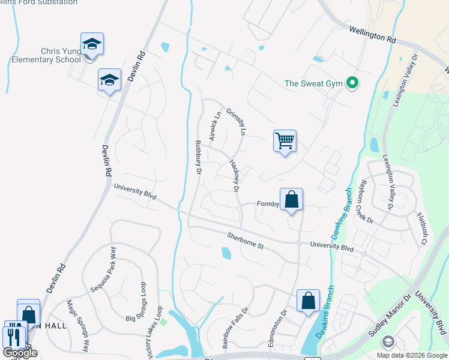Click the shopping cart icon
point(285,142)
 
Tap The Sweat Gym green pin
point(353,83)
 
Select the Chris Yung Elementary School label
point(46,56)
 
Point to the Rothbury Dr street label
point(197,158)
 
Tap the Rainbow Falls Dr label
point(235,329)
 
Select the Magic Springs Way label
point(79,325)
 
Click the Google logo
point(20,353)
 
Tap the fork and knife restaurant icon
point(14,337)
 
